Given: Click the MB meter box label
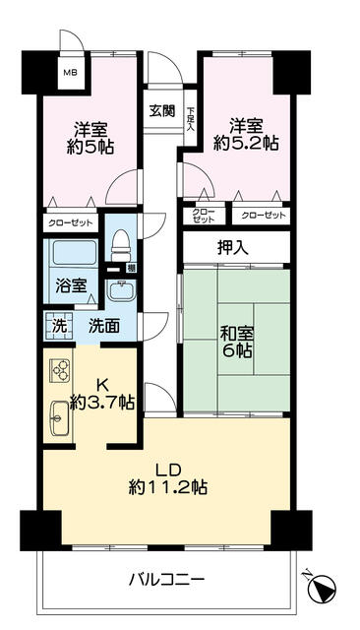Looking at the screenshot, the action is coord(72,73).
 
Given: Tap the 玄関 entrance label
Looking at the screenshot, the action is coord(162,110).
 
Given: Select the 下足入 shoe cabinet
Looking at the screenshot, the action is coord(190,118).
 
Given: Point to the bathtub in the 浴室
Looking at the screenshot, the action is coord(75,253).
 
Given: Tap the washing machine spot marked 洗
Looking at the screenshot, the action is coord(59,326).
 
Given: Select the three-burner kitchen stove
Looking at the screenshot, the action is coord(60,370).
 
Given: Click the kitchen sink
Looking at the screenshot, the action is coord(59,417).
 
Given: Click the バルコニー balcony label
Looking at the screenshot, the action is coord(167,580).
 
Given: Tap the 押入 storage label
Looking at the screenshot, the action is coord(233,248).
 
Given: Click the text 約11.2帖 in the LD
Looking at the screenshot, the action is coord(168,487).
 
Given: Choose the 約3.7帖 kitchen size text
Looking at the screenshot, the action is coord(102,403).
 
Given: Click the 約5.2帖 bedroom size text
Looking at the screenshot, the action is coord(246,143).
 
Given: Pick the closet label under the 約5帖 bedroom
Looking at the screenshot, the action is coord(70,223).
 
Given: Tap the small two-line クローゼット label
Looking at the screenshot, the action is coord(204,216).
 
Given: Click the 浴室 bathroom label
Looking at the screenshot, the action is coord(71,285).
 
